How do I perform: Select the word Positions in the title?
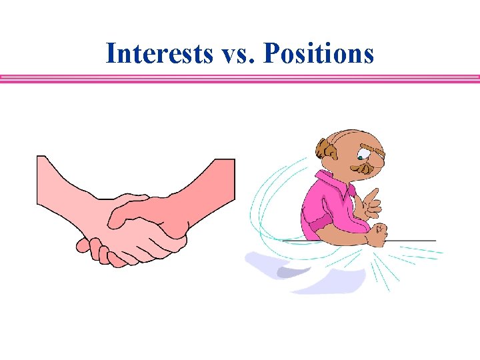[319, 53]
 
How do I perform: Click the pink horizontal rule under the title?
[240, 79]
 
